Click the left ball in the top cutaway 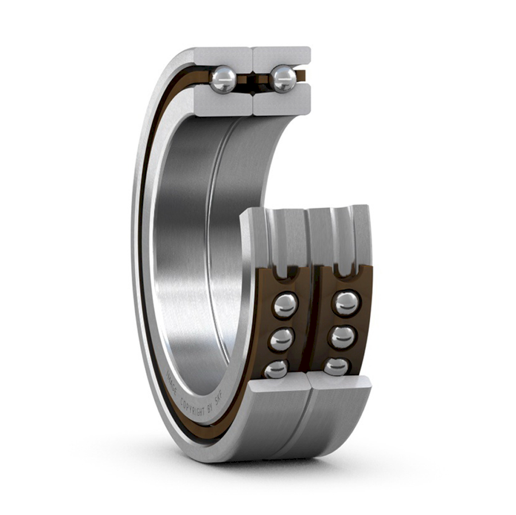point(223,80)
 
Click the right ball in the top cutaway point(283,78)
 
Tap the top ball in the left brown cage point(285,305)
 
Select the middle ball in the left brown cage point(282,339)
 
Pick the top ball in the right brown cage point(346,303)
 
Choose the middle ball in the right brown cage point(342,337)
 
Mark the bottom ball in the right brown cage point(336,367)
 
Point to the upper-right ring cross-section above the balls point(282,56)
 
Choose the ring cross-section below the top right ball point(282,103)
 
